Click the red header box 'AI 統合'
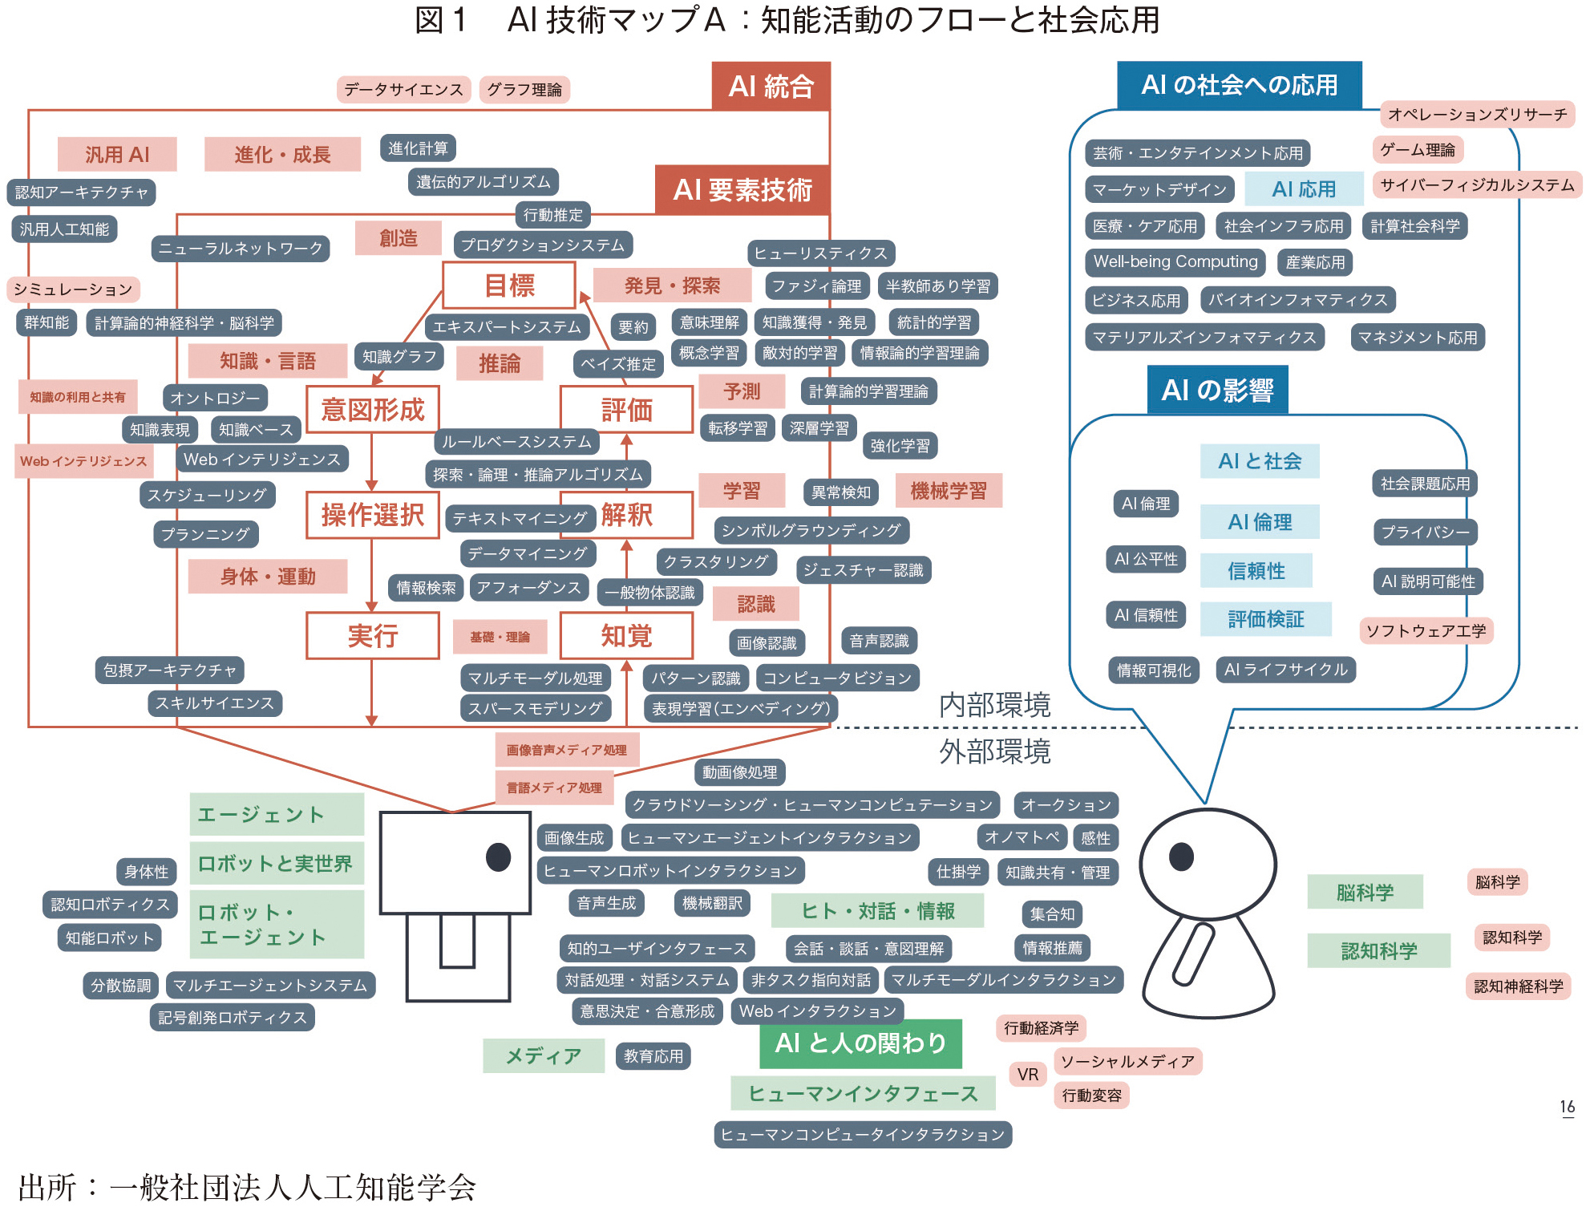[771, 86]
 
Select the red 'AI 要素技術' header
[742, 190]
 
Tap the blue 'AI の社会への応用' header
[1239, 85]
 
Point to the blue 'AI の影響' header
[1217, 390]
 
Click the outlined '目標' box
[509, 286]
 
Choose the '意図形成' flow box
[373, 410]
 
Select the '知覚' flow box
[626, 636]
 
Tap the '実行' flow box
[373, 636]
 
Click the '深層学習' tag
[819, 428]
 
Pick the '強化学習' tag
[900, 446]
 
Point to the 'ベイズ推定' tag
[618, 364]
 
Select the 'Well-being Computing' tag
[1175, 262]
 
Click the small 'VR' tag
[1028, 1075]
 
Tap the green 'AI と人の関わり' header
[860, 1043]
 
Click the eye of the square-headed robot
[499, 857]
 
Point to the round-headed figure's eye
[1181, 857]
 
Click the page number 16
[1568, 1107]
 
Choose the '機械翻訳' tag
[712, 903]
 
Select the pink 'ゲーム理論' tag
[1418, 150]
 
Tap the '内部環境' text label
[994, 706]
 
